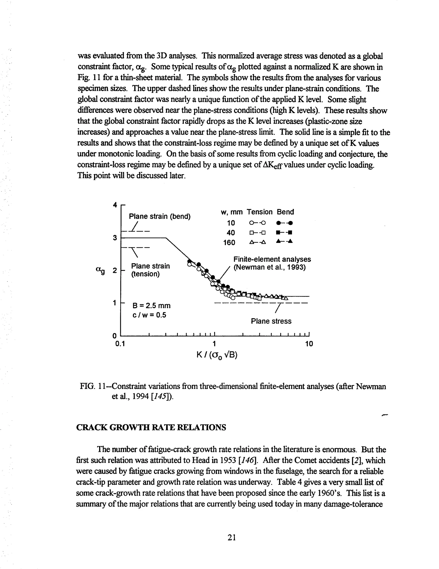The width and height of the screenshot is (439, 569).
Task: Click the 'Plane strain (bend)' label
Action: pyautogui.click(x=159, y=216)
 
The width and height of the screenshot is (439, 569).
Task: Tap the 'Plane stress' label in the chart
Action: pyautogui.click(x=271, y=321)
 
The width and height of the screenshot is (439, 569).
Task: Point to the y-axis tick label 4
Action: pyautogui.click(x=115, y=205)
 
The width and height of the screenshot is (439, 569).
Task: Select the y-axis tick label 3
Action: pyautogui.click(x=115, y=238)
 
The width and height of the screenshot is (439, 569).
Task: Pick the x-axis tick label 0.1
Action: pyautogui.click(x=120, y=344)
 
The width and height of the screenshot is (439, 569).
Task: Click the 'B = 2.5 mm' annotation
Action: pyautogui.click(x=151, y=305)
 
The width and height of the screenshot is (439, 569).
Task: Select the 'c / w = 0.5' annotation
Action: pyautogui.click(x=149, y=315)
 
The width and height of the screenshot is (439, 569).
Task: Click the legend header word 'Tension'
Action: pyautogui.click(x=260, y=212)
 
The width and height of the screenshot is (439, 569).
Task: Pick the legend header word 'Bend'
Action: pyautogui.click(x=285, y=212)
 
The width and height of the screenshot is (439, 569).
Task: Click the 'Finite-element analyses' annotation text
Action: pyautogui.click(x=272, y=259)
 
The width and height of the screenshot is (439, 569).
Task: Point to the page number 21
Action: pyautogui.click(x=232, y=537)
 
